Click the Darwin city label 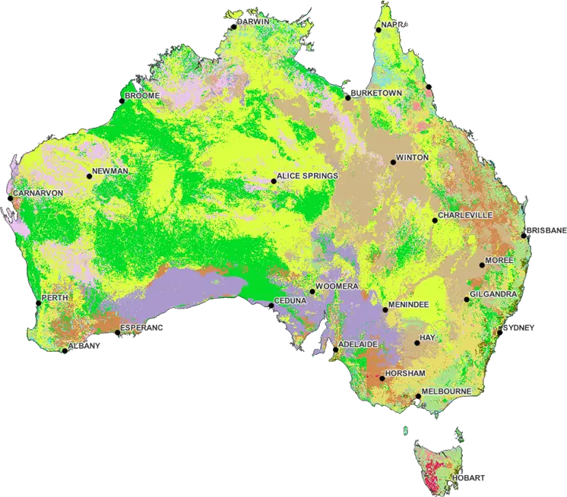point(253,22)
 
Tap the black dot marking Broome point(121,100)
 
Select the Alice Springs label point(307,176)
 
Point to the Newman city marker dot point(89,176)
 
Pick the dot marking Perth point(38,303)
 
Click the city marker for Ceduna point(271,305)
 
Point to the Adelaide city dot point(334,350)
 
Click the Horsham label point(405,374)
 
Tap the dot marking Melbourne point(417,396)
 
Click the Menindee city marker point(385,310)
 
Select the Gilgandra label point(494,294)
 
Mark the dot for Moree point(482,265)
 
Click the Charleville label point(466,215)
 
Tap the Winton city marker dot point(392,162)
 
